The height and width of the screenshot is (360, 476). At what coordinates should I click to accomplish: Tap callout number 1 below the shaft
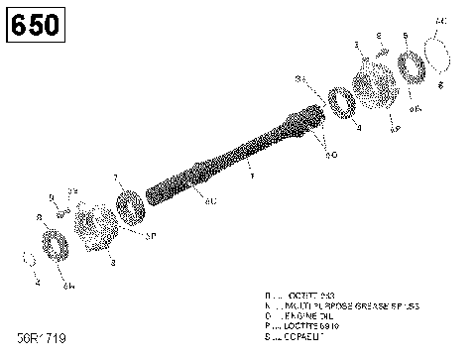coord(251,177)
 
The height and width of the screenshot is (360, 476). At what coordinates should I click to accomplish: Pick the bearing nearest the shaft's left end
coord(129,210)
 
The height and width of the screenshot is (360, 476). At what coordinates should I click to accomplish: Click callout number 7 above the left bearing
coord(115,179)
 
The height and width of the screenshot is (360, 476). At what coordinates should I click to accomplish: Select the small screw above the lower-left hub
coord(62,208)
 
